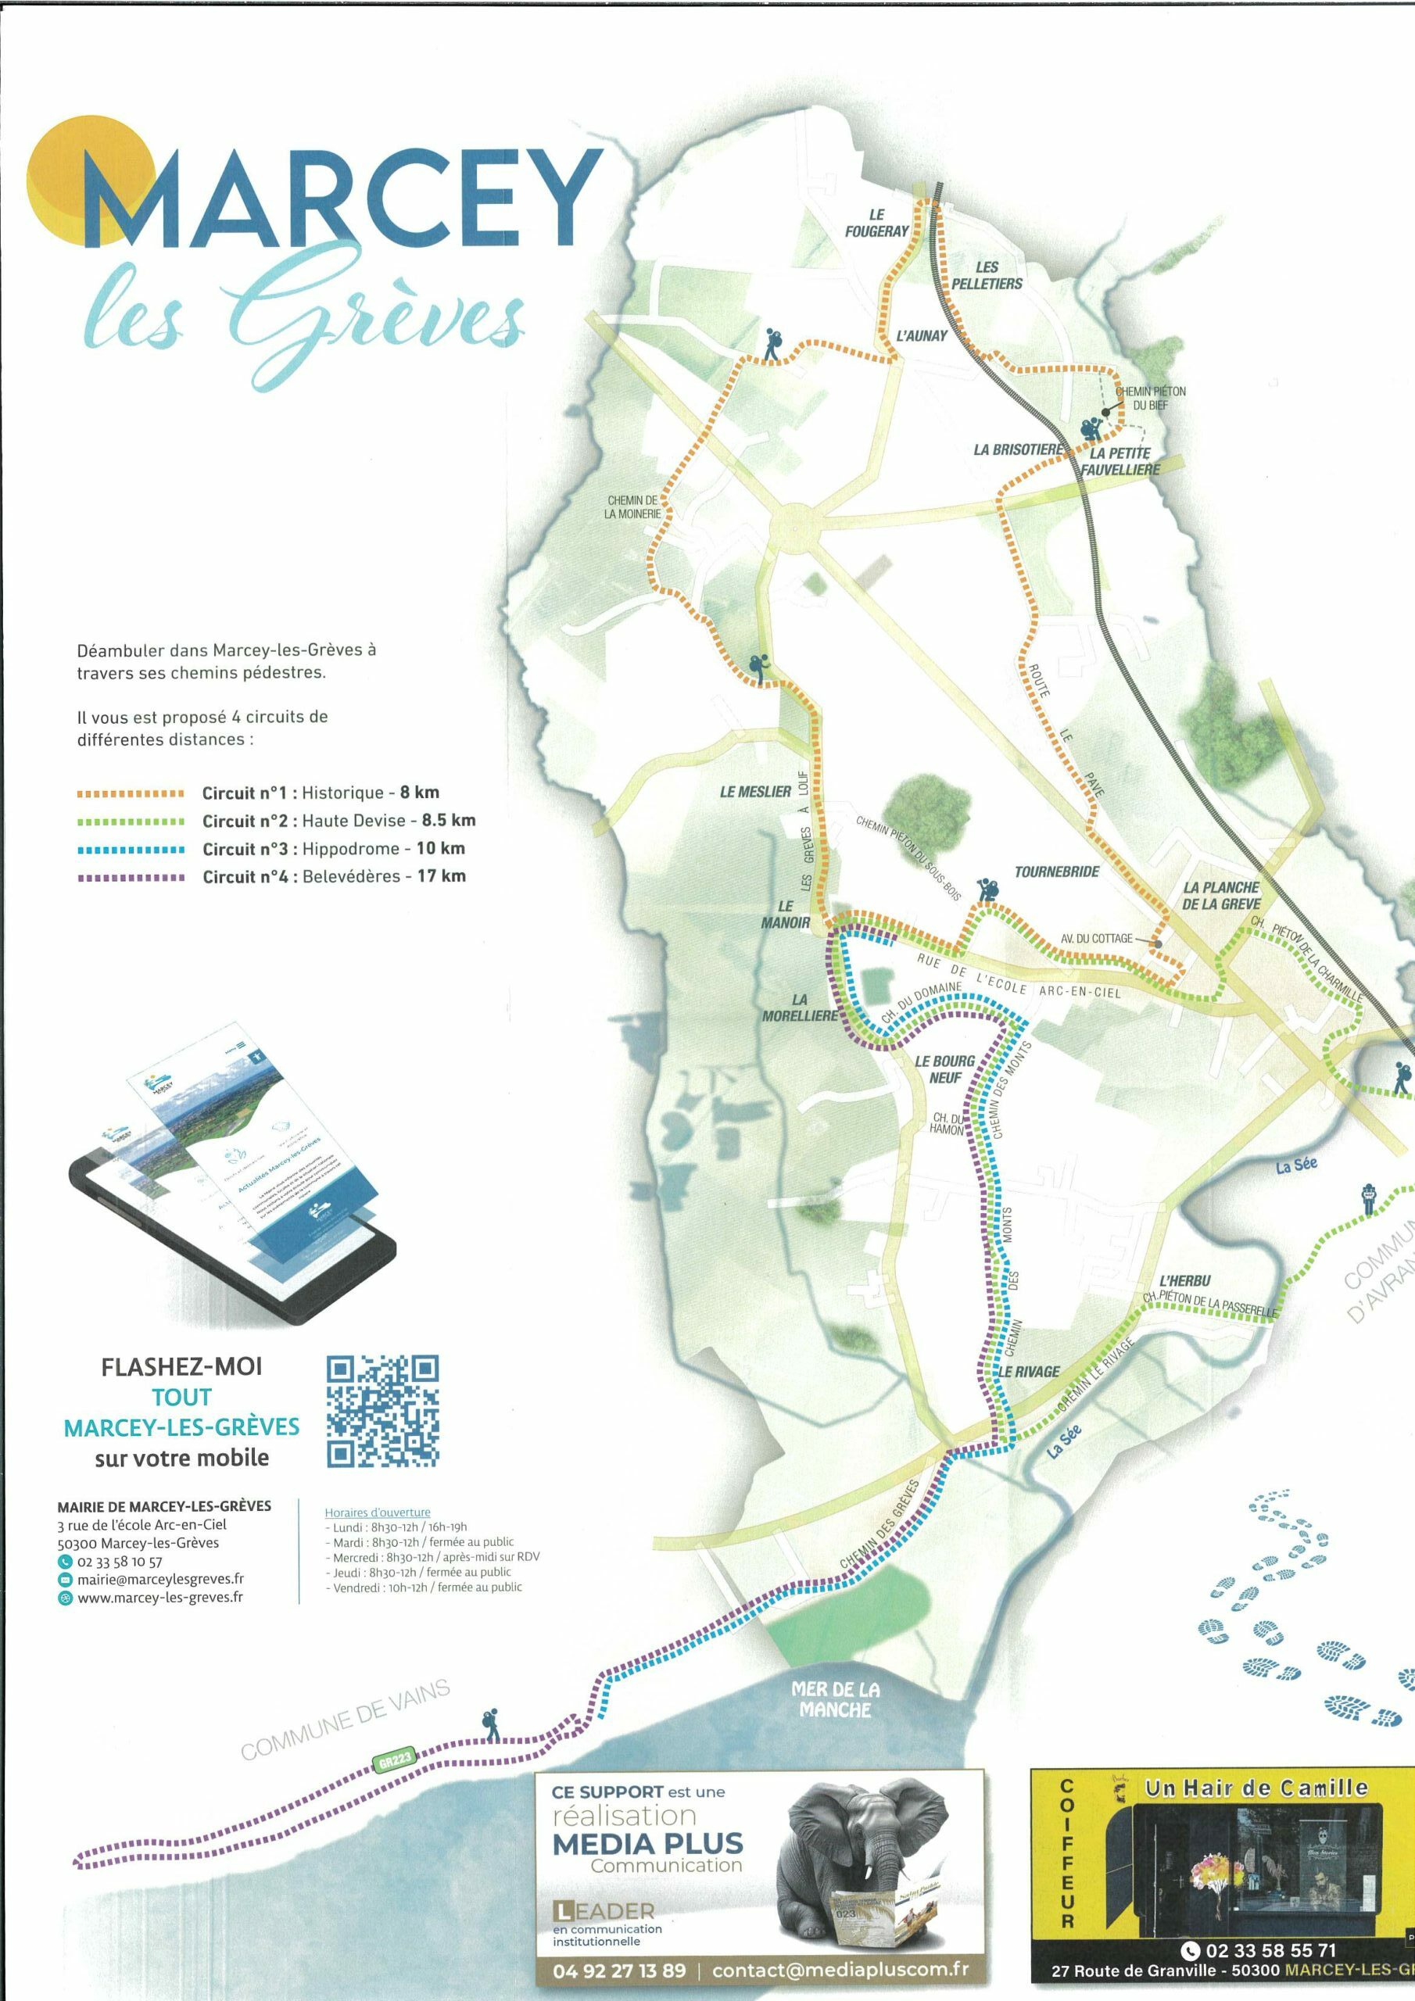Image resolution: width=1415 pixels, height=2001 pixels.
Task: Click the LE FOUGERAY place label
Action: tap(876, 222)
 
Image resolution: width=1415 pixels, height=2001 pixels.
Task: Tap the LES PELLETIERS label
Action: tap(986, 275)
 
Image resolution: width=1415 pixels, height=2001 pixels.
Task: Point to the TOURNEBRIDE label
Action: tap(1057, 872)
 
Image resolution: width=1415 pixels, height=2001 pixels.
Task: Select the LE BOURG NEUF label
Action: tap(944, 1069)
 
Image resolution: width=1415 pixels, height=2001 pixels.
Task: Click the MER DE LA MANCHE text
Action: tap(834, 1699)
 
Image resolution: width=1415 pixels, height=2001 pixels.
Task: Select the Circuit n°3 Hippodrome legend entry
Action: tap(334, 849)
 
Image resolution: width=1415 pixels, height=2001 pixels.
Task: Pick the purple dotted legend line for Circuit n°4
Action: tap(131, 878)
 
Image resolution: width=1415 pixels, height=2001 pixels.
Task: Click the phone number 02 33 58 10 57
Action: tap(120, 1562)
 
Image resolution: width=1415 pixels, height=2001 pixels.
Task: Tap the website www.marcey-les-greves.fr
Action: tap(159, 1598)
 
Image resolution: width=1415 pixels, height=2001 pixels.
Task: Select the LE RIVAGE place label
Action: tap(1029, 1372)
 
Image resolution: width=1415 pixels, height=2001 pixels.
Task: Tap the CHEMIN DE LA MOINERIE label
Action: tap(633, 507)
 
